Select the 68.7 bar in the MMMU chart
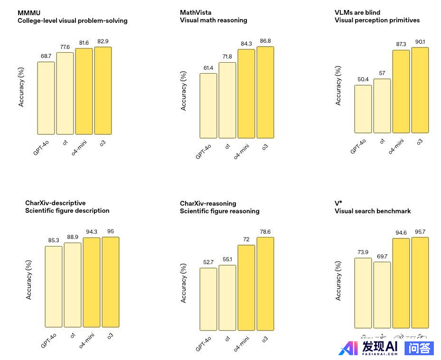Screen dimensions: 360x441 coord(46,98)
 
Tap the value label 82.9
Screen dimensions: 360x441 coord(103,42)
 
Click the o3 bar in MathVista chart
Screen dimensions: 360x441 coord(265,93)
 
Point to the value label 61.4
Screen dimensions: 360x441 coord(208,68)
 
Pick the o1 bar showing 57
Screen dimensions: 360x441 coord(382,106)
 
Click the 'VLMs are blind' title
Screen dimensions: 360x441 coord(357,12)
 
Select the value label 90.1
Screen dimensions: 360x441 coord(420,42)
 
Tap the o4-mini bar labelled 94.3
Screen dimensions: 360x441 coord(92,282)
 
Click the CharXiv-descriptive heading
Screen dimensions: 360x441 coord(56,203)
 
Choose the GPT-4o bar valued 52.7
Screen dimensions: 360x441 coord(208,299)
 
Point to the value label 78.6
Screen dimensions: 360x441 coord(265,232)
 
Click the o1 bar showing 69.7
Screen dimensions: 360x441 coord(382,295)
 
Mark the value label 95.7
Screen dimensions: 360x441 coord(420,232)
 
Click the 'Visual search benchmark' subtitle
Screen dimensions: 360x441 coord(373,211)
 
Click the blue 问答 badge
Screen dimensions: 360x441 coord(419,348)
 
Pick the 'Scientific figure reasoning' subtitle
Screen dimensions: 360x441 coord(219,211)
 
